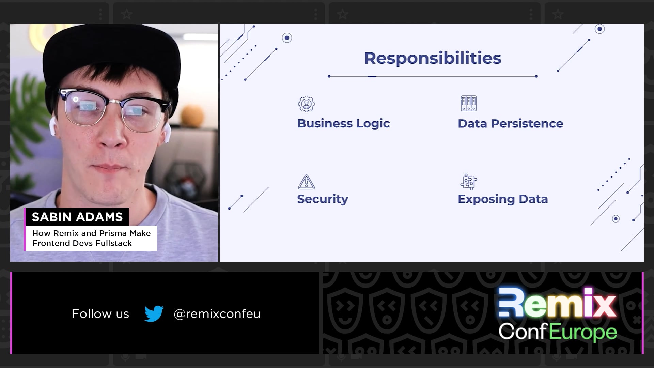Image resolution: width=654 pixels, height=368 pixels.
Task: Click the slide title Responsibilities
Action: (x=433, y=58)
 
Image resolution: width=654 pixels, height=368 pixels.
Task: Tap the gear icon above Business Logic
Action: (x=306, y=104)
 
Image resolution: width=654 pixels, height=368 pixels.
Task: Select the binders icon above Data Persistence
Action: (x=469, y=104)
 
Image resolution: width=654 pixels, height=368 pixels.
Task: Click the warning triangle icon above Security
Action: (x=306, y=182)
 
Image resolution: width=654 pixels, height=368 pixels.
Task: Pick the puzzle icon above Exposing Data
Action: (x=469, y=182)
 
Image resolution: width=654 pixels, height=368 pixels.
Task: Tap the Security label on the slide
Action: (x=323, y=199)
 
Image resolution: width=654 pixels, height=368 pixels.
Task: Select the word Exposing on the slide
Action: (x=486, y=199)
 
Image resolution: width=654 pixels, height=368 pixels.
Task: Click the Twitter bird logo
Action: (x=154, y=313)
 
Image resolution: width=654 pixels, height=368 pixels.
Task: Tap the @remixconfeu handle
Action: (x=217, y=314)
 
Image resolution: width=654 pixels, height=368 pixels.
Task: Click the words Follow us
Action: (x=100, y=314)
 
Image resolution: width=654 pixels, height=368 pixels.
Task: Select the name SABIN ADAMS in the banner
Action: (x=77, y=217)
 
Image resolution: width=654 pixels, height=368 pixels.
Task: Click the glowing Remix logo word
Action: (x=558, y=303)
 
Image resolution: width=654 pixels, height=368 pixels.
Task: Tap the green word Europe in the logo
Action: (x=583, y=333)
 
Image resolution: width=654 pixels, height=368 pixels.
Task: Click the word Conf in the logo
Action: (x=523, y=332)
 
